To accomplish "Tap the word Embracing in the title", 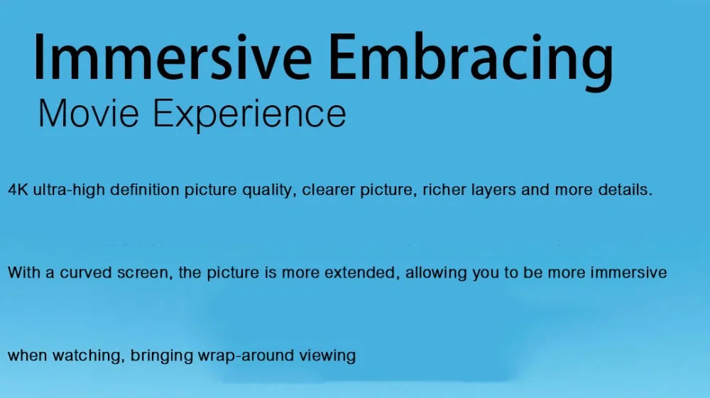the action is (x=471, y=60).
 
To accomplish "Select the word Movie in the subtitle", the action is (x=89, y=113).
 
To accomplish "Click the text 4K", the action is (x=18, y=190).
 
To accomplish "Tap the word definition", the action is (x=145, y=189).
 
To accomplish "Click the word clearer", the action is (x=329, y=189).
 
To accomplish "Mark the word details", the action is (x=626, y=189).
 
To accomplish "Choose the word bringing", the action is (x=162, y=356).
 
